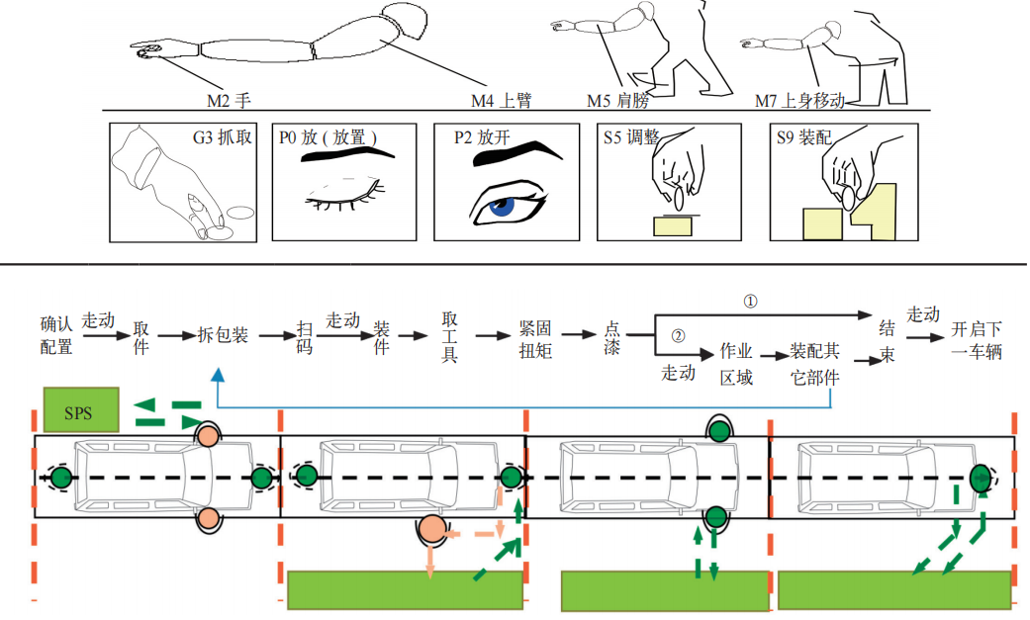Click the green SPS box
coord(80,409)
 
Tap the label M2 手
coord(231,100)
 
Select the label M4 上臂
coord(501,100)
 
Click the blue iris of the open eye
coord(505,206)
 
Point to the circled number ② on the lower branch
coord(678,335)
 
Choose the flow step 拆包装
coord(223,336)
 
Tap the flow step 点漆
coord(612,338)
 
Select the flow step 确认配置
coord(56,336)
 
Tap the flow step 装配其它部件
coord(813,364)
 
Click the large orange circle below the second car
coord(430,530)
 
